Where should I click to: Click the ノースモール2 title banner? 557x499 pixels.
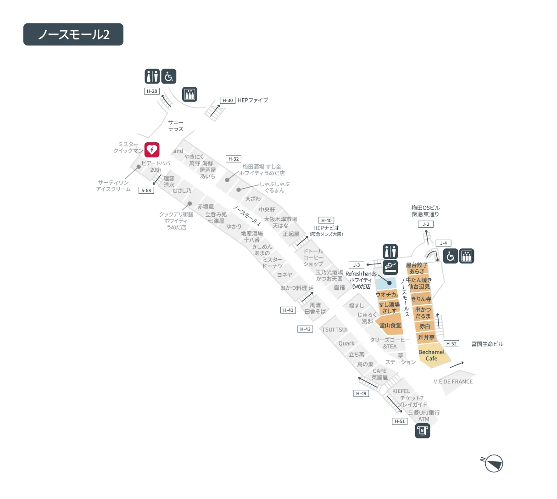[x=73, y=35]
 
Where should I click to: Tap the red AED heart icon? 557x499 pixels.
[x=152, y=150]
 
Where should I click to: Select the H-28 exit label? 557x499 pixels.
[x=151, y=91]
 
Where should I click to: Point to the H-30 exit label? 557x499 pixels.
[x=228, y=100]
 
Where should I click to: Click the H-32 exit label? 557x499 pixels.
[x=234, y=159]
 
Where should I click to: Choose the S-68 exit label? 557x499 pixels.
[x=146, y=190]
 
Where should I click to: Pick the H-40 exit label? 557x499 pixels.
[x=326, y=220]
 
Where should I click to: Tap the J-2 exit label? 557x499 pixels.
[x=426, y=224]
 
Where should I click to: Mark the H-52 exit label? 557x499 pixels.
[x=451, y=343]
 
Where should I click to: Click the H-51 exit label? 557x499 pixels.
[x=400, y=421]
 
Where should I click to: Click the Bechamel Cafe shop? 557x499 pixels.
[x=431, y=355]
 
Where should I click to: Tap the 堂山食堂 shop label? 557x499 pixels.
[x=390, y=325]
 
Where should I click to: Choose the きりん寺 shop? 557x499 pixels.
[x=421, y=299]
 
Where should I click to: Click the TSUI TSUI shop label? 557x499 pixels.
[x=334, y=330]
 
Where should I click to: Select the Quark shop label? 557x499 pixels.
[x=346, y=343]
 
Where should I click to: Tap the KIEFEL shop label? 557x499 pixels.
[x=401, y=391]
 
